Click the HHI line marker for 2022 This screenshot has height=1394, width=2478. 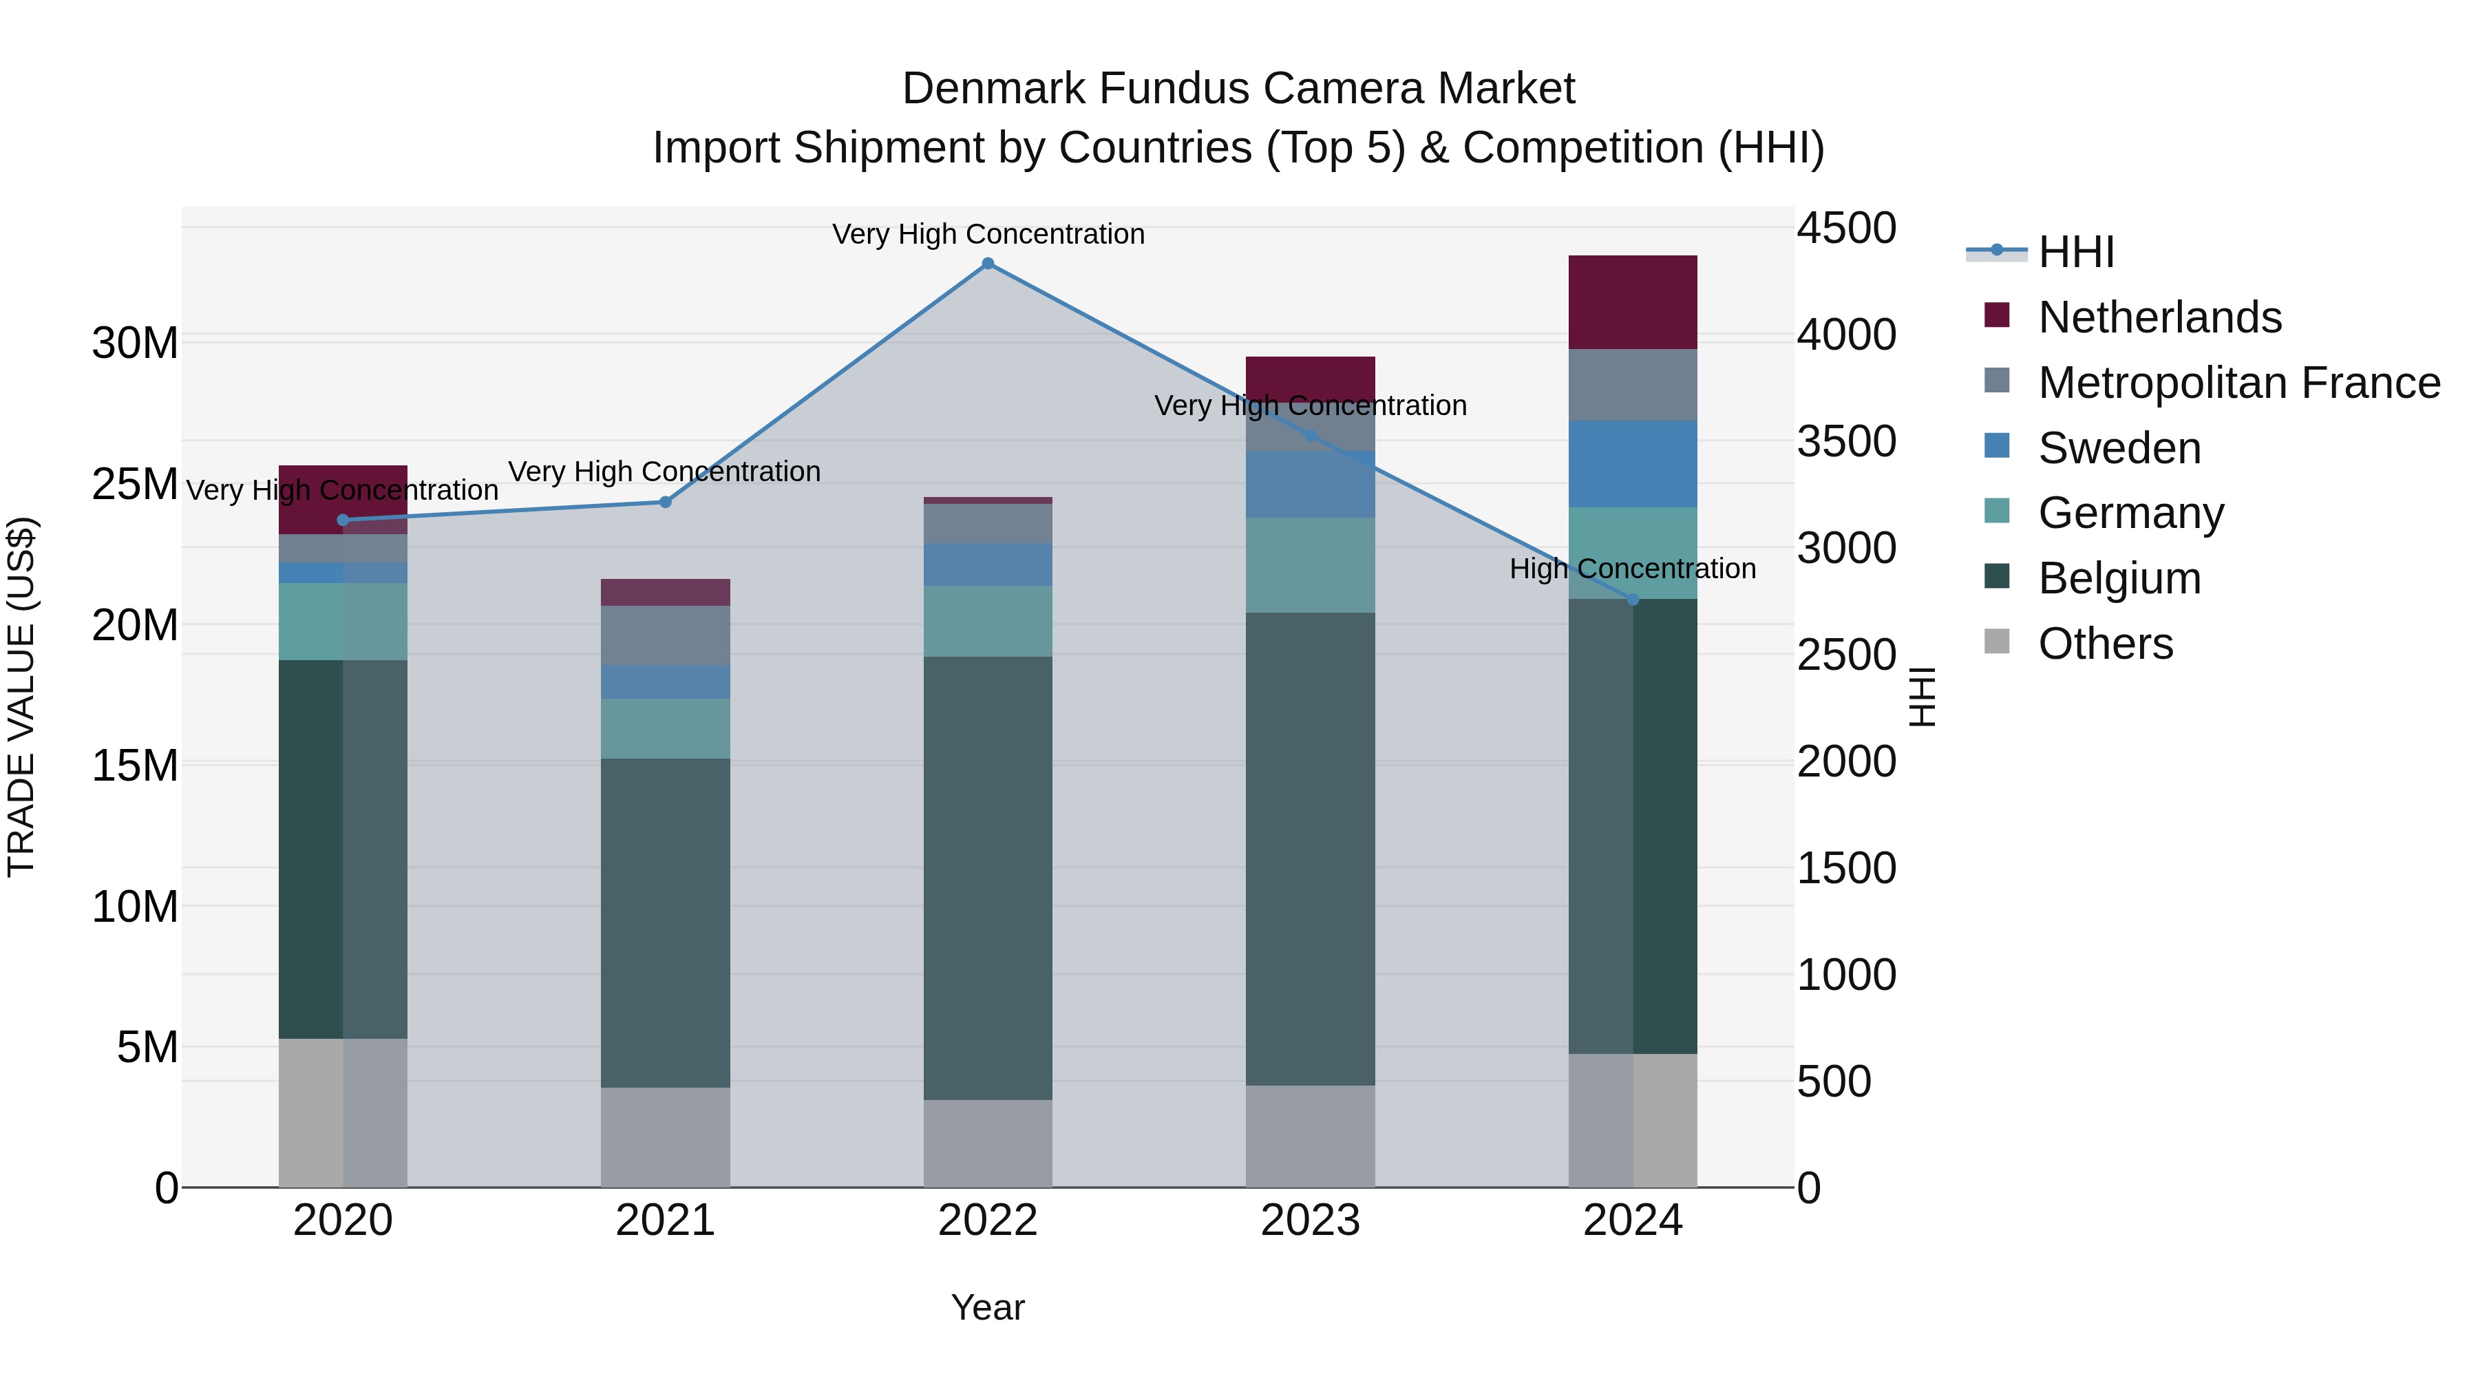tap(987, 264)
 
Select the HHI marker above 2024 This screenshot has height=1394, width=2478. tap(1633, 600)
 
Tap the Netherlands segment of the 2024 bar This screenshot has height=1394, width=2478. tap(1633, 302)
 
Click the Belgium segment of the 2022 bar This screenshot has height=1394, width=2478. tap(987, 878)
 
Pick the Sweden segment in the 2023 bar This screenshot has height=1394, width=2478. tap(1310, 485)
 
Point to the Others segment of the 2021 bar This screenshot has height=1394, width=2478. tap(665, 1137)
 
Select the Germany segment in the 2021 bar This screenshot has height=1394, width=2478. tap(665, 728)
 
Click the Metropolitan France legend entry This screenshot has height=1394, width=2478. tap(2238, 383)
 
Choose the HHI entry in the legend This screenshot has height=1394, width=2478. tap(2076, 252)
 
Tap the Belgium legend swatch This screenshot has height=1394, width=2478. tap(1997, 578)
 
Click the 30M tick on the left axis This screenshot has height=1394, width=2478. tap(135, 344)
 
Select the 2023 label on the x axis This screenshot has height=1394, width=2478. tap(1310, 1221)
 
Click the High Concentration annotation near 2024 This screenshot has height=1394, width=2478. tap(1633, 569)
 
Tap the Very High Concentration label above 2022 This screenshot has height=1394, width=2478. tap(988, 234)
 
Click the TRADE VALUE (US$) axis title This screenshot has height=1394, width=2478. tap(21, 697)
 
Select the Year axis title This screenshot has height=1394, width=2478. tap(987, 1307)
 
